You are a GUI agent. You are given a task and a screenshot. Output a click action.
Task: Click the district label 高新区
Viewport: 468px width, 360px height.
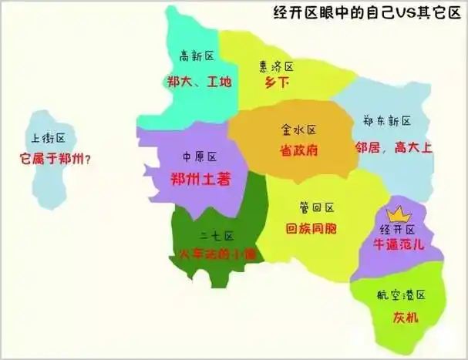(x=196, y=56)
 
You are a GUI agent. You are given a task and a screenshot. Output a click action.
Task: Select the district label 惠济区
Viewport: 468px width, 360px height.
(x=277, y=66)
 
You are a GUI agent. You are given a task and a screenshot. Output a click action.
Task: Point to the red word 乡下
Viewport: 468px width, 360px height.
(x=277, y=83)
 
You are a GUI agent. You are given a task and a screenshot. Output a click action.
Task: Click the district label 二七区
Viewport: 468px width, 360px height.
(x=217, y=235)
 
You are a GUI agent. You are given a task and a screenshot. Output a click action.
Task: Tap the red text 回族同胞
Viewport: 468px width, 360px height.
(x=315, y=229)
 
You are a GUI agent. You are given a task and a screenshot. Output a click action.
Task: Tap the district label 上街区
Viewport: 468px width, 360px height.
(x=48, y=140)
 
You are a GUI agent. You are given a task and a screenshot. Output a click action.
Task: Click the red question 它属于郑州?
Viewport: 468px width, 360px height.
(x=56, y=160)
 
